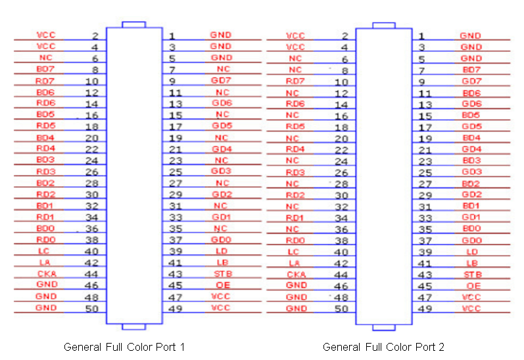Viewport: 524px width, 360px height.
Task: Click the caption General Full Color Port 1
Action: click(x=124, y=346)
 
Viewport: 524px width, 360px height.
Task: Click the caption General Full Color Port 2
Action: click(x=383, y=347)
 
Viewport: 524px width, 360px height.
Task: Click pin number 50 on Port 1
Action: click(x=91, y=308)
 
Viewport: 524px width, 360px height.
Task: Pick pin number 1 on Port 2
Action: click(x=422, y=36)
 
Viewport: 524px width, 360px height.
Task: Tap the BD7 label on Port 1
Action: click(x=46, y=68)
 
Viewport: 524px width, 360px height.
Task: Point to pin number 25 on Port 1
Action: click(x=175, y=171)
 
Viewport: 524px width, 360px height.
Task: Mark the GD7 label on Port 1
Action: click(x=222, y=80)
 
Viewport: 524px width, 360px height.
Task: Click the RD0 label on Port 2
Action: click(x=295, y=240)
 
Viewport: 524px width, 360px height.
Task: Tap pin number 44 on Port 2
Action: click(x=341, y=275)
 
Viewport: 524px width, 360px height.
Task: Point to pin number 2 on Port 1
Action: click(x=95, y=36)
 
